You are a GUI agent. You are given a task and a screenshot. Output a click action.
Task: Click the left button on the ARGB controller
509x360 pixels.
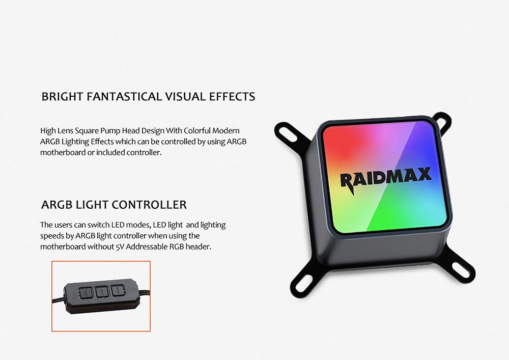point(86,293)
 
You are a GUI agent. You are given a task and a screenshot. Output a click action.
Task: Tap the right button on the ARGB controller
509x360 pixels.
point(118,291)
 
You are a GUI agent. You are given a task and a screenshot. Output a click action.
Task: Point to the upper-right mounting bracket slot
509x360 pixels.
point(442,121)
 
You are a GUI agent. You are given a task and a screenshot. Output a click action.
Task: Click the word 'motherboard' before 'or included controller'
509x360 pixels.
point(63,152)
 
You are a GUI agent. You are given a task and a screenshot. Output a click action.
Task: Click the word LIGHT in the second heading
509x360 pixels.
point(92,205)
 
